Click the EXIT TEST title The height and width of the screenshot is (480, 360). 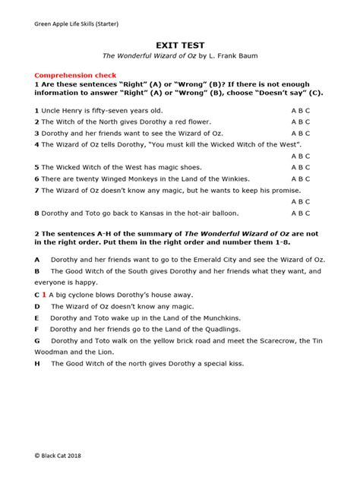[179, 45]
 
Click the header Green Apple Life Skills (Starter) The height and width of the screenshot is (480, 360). [76, 25]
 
